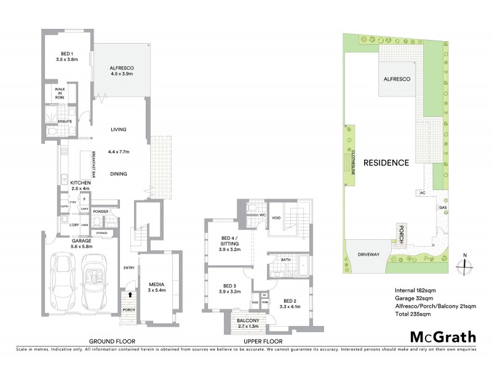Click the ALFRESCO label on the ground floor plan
coord(122,68)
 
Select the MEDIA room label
coord(156,284)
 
